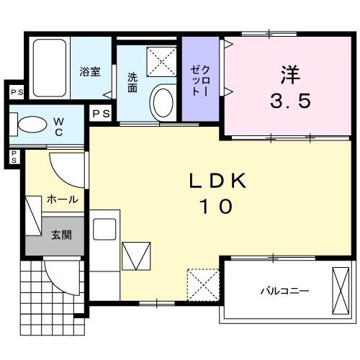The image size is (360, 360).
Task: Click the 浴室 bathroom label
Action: [x=89, y=71]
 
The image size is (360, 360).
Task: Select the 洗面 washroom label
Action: [x=132, y=82]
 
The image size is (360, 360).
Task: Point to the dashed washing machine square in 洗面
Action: [x=161, y=60]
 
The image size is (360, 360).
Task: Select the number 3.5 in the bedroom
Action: [x=290, y=100]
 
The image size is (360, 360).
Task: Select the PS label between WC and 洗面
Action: [x=100, y=113]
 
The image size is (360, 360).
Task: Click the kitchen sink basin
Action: [x=105, y=230]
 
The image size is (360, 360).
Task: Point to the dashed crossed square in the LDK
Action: [x=202, y=283]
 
